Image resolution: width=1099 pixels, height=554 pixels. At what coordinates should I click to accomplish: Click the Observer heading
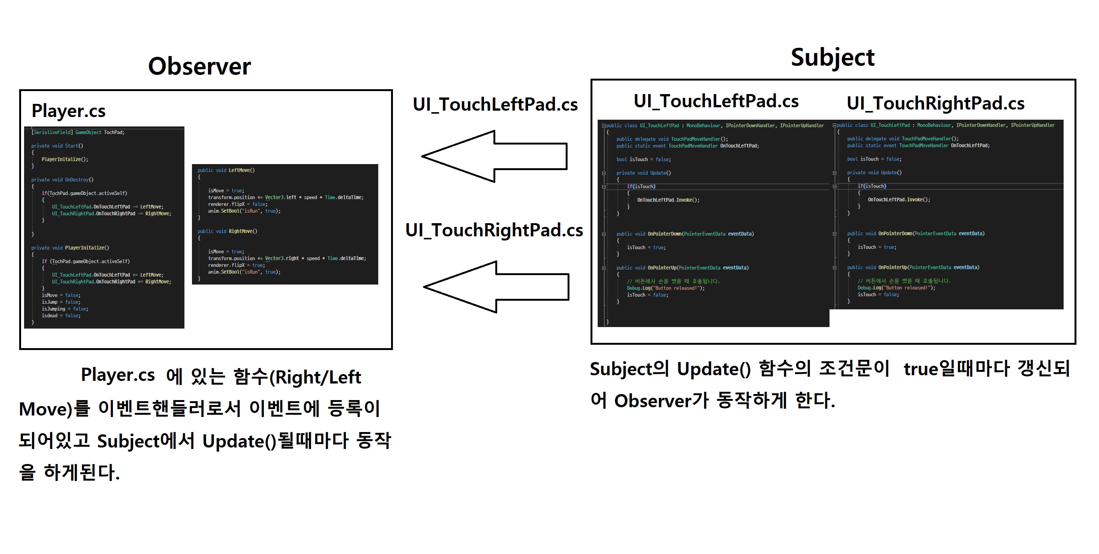(199, 67)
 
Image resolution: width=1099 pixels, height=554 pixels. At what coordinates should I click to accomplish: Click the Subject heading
(833, 58)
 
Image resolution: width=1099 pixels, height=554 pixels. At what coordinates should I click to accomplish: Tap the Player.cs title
(68, 111)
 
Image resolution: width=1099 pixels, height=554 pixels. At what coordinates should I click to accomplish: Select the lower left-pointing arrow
(496, 286)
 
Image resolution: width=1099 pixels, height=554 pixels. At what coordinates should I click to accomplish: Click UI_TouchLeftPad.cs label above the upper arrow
(495, 105)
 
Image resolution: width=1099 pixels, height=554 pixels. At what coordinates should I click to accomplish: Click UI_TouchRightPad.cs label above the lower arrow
(494, 230)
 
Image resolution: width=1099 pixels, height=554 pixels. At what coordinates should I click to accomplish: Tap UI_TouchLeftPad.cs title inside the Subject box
(716, 102)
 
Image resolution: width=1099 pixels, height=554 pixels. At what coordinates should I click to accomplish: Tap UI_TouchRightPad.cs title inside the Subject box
(935, 103)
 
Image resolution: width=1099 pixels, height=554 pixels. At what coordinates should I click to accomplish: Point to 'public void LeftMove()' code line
(226, 170)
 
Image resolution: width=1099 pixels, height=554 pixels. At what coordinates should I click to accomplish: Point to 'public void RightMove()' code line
(227, 231)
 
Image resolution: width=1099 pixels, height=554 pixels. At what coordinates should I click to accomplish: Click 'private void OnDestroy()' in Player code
(62, 180)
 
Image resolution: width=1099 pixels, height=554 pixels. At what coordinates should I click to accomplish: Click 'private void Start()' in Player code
(57, 146)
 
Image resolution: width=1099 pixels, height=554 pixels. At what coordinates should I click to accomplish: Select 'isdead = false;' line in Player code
(61, 316)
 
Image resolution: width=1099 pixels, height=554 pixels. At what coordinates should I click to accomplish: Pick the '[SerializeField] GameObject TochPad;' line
(78, 132)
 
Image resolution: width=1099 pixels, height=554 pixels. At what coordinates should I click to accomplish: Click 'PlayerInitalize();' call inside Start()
(65, 159)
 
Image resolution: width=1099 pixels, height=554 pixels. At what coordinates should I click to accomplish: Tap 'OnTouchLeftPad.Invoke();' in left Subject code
(668, 200)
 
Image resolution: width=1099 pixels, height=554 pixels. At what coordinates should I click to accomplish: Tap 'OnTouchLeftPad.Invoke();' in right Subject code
(899, 199)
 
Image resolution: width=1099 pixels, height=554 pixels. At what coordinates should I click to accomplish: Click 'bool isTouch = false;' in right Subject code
(874, 159)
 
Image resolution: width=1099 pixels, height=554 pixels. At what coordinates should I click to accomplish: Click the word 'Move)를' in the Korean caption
(55, 409)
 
